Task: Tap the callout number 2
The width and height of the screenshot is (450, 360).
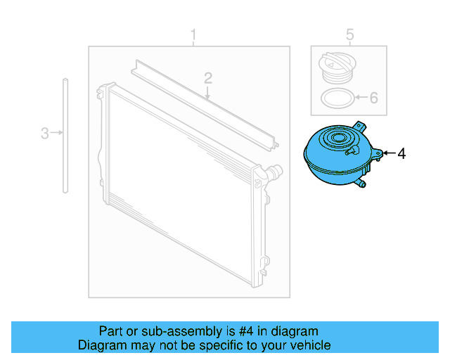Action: pyautogui.click(x=208, y=77)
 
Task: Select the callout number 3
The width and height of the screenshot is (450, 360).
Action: pyautogui.click(x=44, y=132)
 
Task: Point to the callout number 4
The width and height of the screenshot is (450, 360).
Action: pyautogui.click(x=401, y=153)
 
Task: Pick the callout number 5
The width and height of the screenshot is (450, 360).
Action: pyautogui.click(x=350, y=34)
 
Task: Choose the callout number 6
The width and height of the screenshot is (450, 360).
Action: pyautogui.click(x=373, y=98)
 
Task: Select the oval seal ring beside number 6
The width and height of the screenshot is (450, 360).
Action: pyautogui.click(x=335, y=98)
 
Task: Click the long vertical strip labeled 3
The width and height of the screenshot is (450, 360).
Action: pyautogui.click(x=65, y=134)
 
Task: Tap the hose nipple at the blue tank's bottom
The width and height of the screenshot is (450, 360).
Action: pyautogui.click(x=361, y=184)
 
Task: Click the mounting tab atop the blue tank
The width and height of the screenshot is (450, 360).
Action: pyautogui.click(x=361, y=126)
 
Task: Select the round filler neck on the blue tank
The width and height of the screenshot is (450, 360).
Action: pyautogui.click(x=345, y=137)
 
